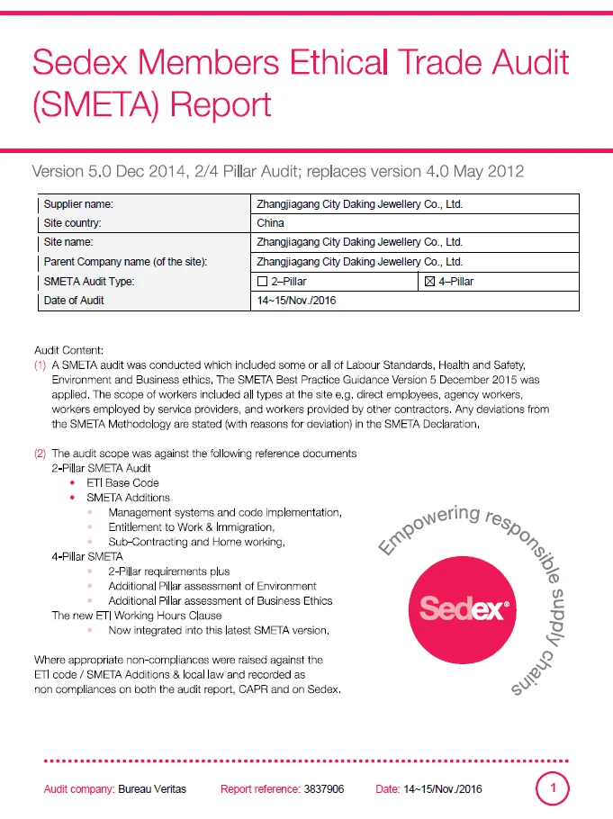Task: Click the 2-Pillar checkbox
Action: click(x=263, y=283)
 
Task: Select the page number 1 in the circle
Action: click(x=553, y=789)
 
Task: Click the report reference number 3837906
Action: click(x=324, y=789)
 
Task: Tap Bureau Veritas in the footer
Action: click(x=152, y=789)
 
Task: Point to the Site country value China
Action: click(x=270, y=223)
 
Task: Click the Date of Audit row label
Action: click(x=74, y=301)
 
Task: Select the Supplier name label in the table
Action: click(x=78, y=204)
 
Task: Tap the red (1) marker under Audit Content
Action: click(x=40, y=365)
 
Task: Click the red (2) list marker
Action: click(x=40, y=454)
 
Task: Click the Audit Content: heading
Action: click(x=69, y=350)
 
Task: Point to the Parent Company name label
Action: click(x=125, y=262)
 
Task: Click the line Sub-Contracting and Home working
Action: click(x=196, y=542)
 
